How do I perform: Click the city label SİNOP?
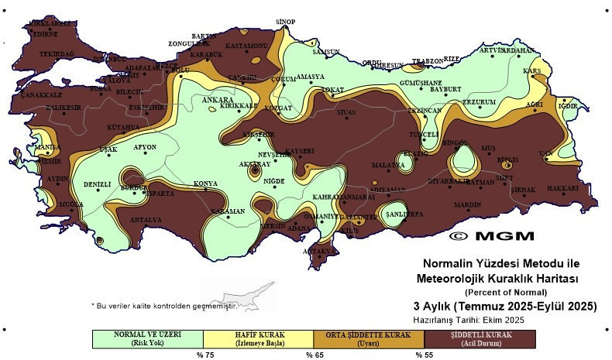click(x=286, y=22)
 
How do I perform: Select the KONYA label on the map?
click(x=205, y=183)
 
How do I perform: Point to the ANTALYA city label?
click(x=146, y=220)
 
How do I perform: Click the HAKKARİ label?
click(x=563, y=188)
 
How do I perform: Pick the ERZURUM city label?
click(x=479, y=102)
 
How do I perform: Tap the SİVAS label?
click(x=346, y=112)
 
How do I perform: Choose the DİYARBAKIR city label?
click(x=449, y=180)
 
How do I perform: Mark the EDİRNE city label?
click(x=44, y=34)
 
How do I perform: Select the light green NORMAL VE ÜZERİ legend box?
click(x=147, y=338)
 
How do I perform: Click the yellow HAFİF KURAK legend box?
click(x=258, y=338)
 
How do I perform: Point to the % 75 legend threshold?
click(x=204, y=355)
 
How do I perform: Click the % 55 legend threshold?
click(x=424, y=355)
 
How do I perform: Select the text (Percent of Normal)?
click(x=506, y=292)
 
